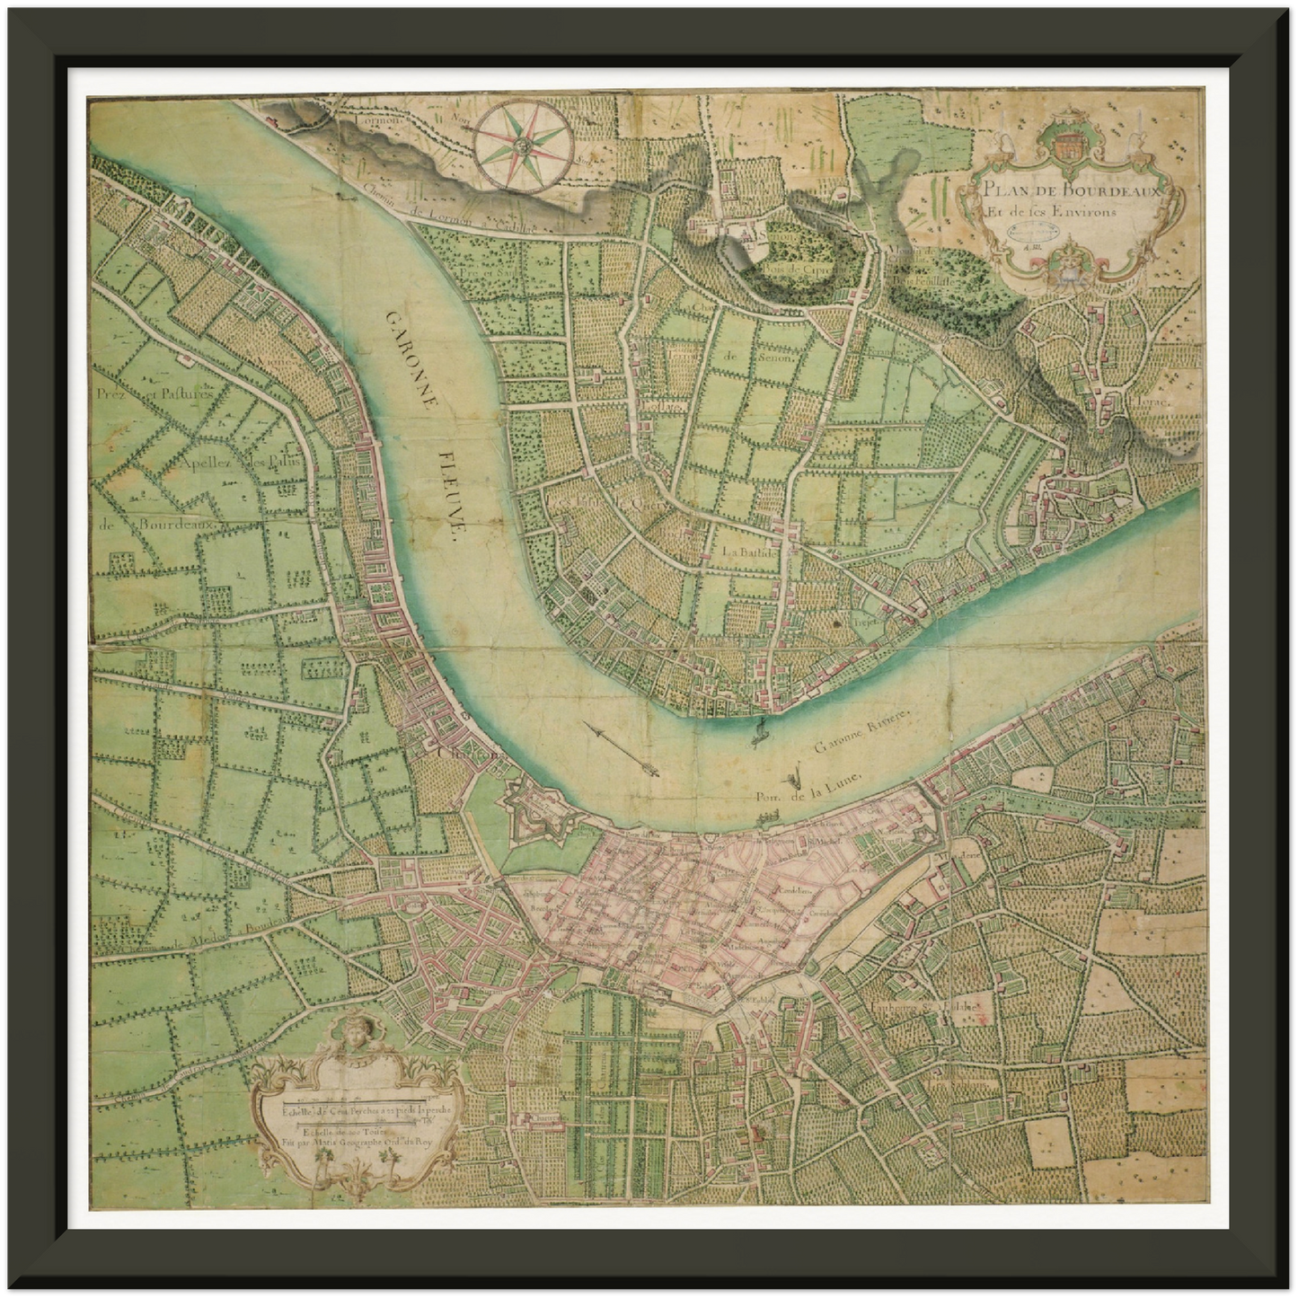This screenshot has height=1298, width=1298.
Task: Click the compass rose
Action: click(521, 143)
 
